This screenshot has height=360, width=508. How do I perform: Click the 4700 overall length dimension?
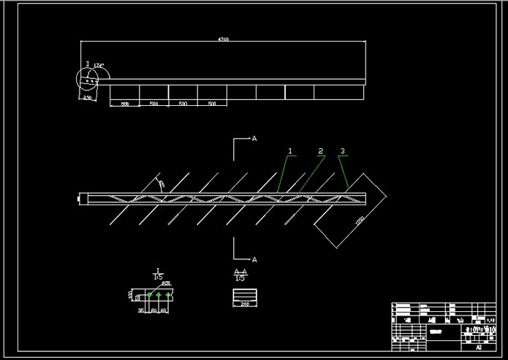click(224, 39)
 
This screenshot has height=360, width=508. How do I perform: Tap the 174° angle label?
click(99, 66)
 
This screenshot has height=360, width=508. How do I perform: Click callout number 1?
click(290, 151)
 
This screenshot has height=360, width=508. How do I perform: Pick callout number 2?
click(320, 151)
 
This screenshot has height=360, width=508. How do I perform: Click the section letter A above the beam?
click(254, 137)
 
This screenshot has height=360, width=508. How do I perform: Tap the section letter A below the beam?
click(254, 259)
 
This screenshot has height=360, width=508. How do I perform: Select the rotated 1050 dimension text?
click(359, 220)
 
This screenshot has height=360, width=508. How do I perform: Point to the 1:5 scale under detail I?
click(158, 277)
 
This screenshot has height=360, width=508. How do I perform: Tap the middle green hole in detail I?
click(159, 295)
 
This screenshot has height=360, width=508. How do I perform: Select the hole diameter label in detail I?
click(166, 283)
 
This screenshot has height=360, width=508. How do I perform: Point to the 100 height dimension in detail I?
click(131, 295)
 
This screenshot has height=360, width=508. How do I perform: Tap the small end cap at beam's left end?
click(83, 197)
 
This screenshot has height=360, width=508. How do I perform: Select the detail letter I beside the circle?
click(88, 64)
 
